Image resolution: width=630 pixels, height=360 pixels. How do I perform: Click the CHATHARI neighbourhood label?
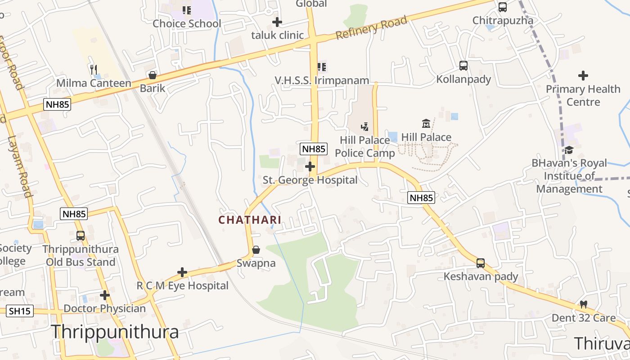(x=250, y=220)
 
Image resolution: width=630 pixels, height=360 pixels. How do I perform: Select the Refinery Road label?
(x=372, y=27)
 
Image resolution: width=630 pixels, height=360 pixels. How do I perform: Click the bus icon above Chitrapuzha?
(x=503, y=7)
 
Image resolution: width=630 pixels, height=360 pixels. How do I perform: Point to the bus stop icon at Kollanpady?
(x=463, y=66)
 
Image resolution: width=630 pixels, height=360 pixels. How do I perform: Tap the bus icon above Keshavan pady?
(x=481, y=263)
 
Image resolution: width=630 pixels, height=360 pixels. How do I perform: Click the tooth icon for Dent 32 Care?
(x=584, y=305)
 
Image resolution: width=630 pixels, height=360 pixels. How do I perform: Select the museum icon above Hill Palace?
(x=426, y=123)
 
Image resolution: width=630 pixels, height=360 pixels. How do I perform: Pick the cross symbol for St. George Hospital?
(x=310, y=167)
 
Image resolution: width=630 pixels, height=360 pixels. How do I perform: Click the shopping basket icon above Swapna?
(x=256, y=250)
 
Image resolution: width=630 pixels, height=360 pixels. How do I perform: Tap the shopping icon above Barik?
(x=153, y=75)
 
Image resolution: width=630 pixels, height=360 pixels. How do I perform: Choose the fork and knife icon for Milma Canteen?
(x=94, y=69)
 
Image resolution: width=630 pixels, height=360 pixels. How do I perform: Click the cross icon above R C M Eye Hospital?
(x=182, y=272)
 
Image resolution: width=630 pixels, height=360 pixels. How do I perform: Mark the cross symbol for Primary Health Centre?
(x=583, y=76)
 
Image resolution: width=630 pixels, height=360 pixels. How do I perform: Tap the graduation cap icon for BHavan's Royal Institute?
(x=569, y=150)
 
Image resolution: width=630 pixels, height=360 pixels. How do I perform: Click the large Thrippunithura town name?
(x=115, y=332)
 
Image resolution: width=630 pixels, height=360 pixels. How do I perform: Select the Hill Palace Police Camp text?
(x=364, y=147)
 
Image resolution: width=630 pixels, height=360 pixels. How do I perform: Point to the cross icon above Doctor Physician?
(x=105, y=295)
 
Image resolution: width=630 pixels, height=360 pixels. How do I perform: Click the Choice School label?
(x=187, y=23)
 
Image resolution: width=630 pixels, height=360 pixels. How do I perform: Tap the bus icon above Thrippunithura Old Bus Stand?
(x=81, y=235)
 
